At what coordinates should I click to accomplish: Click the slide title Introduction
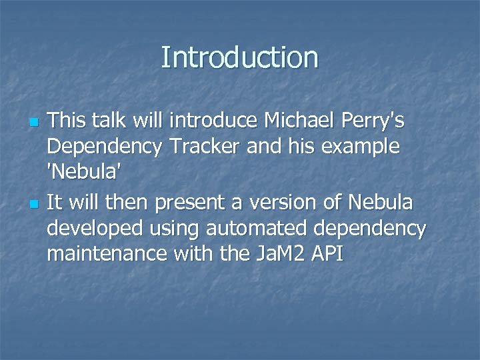point(239,57)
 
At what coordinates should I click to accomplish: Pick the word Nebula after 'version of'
point(374,201)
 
